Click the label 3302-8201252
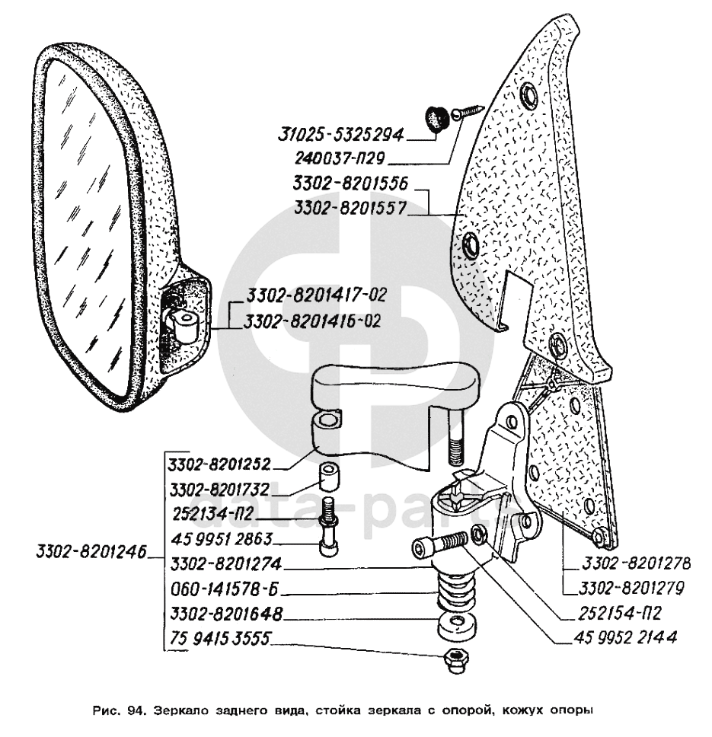[x=219, y=464]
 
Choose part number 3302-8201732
[x=219, y=489]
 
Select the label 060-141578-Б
[x=216, y=589]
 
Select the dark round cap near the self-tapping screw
[x=434, y=119]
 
